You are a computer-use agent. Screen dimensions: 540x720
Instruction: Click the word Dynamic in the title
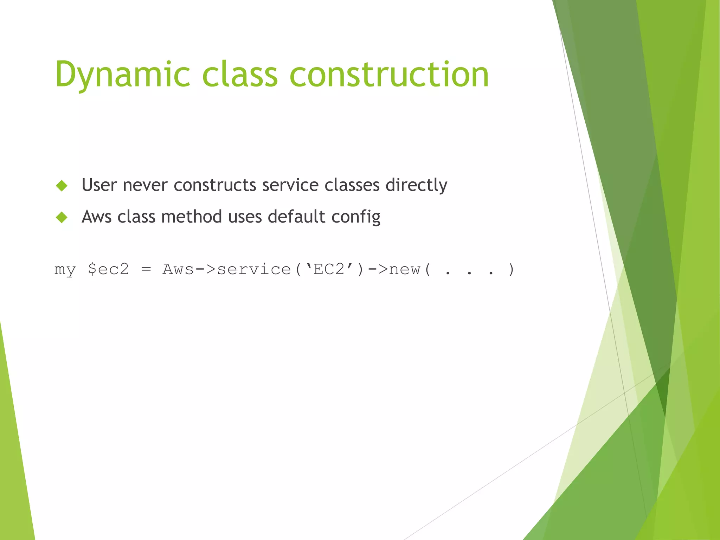tap(123, 75)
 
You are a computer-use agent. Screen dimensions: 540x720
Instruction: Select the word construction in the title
tap(389, 75)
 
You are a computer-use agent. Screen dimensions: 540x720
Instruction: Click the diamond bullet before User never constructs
tap(62, 185)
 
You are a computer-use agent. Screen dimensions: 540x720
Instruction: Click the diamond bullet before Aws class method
tap(62, 217)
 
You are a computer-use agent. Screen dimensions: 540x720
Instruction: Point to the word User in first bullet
tap(99, 185)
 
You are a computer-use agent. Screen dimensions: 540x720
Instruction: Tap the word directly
tap(416, 185)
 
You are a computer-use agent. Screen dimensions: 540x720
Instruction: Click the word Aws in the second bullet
tap(96, 217)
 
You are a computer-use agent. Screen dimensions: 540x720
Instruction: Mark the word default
tap(296, 217)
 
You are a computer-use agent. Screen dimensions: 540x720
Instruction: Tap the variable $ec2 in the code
tap(108, 269)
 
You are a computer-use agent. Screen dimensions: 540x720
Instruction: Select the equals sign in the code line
tap(146, 269)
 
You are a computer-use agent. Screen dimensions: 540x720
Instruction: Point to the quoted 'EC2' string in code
tap(329, 269)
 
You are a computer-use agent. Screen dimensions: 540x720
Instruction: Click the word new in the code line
tap(405, 269)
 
